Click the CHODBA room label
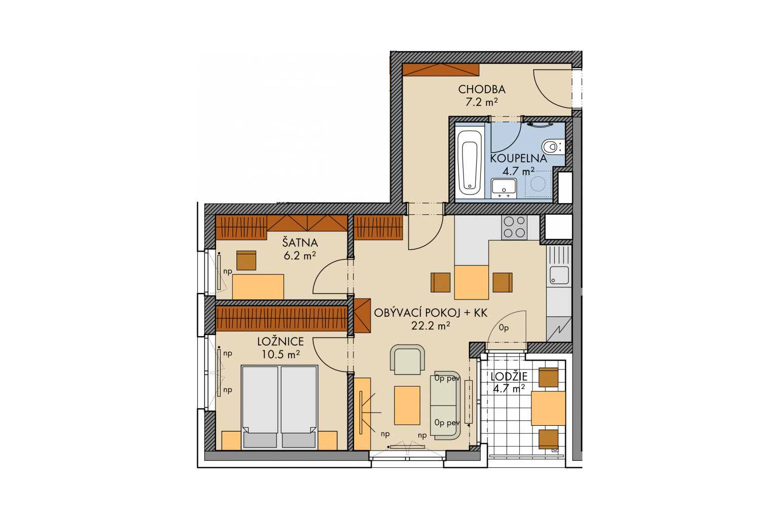point(482,89)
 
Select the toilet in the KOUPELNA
point(552,146)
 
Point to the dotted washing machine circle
point(538,184)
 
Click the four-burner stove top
point(514,227)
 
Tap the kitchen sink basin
point(559,275)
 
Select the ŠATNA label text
point(300,242)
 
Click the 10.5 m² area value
point(280,355)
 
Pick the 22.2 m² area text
point(431,326)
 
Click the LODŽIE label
point(509,377)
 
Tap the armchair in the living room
point(407,359)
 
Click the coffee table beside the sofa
point(407,405)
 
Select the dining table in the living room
point(471,282)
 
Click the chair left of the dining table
point(440,282)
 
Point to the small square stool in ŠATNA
point(246,261)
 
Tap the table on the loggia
point(548,408)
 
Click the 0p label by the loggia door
point(504,328)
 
